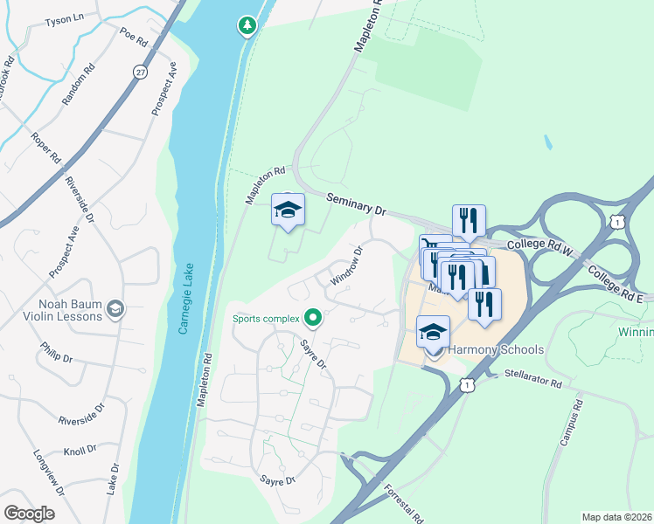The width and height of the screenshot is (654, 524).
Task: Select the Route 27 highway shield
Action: point(140,72)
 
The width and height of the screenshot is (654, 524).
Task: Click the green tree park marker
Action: point(247,26)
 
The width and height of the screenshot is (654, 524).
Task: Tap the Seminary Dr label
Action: point(356,205)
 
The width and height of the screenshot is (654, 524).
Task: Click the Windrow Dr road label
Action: point(346,266)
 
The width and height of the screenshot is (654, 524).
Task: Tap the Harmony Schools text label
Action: point(497,350)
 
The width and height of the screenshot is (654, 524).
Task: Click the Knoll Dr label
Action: point(80,452)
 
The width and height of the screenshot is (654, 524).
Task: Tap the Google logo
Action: point(29,514)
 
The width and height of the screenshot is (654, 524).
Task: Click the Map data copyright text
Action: point(617,517)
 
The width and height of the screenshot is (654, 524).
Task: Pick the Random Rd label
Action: point(78,86)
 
